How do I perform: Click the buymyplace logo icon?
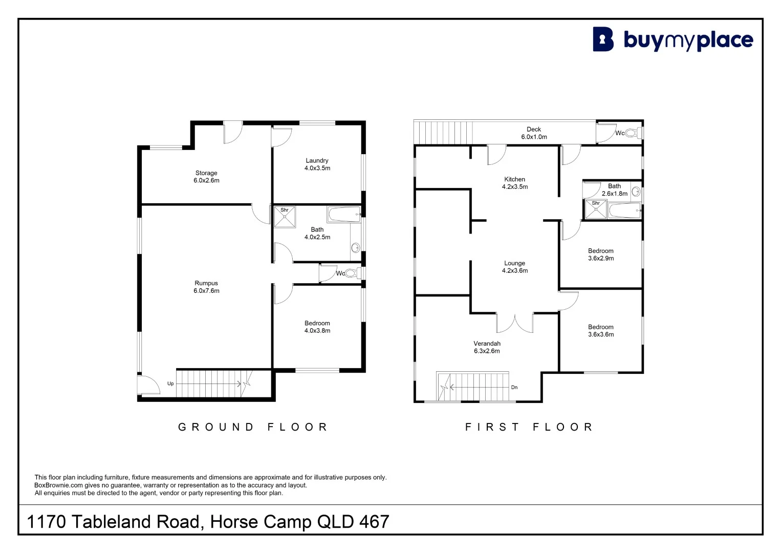[x=603, y=39]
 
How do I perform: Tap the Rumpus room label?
[x=206, y=287]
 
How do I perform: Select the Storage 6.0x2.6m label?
[x=206, y=177]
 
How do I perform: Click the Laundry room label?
[x=317, y=164]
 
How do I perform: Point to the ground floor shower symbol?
[x=285, y=217]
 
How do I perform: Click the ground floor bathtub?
[x=343, y=215]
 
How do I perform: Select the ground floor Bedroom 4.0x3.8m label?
[x=317, y=327]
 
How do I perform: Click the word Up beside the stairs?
[x=170, y=384]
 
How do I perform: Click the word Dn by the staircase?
[x=514, y=388]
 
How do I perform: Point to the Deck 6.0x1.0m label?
[x=534, y=133]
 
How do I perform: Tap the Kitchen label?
[x=515, y=183]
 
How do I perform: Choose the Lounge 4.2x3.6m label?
[x=515, y=267]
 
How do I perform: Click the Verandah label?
[x=487, y=347]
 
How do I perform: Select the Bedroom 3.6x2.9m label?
[x=601, y=254]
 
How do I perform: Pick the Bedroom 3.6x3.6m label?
[x=601, y=330]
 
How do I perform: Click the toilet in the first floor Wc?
[x=631, y=133]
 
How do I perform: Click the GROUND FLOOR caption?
[x=253, y=427]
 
